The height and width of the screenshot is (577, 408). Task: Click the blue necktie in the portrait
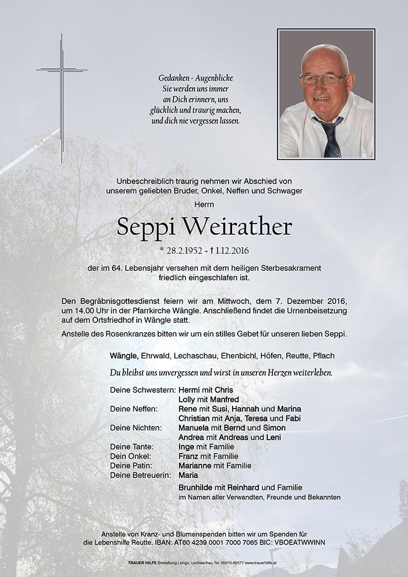pos(331,137)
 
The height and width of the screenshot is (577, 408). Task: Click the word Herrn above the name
pos(204,204)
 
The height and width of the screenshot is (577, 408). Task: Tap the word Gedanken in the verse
pos(175,78)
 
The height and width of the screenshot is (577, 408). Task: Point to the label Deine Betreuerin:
pos(141,475)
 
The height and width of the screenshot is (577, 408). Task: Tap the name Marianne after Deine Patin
pos(196,466)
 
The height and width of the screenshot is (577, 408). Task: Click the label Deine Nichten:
pos(136,428)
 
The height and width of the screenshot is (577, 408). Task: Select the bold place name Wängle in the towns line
pos(123,355)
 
